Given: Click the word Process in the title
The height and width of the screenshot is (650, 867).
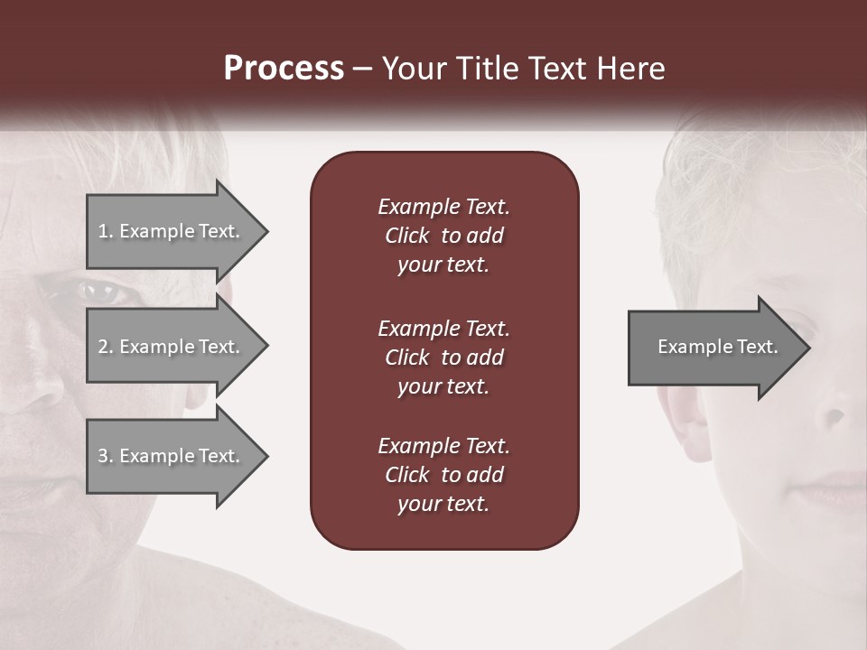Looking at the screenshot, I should click(284, 69).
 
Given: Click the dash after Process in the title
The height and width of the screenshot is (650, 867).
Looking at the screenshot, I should click(362, 70).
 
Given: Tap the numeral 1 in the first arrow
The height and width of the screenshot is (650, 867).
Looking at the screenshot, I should click(103, 231).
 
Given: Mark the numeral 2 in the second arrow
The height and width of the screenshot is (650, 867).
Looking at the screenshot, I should click(103, 347).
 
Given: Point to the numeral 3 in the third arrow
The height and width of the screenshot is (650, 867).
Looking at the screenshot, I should click(103, 456).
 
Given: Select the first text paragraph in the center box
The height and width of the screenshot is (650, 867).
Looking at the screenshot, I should click(443, 236).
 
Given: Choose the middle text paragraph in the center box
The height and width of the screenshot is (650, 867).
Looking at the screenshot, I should click(443, 357).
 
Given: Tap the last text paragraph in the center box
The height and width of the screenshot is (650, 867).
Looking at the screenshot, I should click(443, 475).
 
